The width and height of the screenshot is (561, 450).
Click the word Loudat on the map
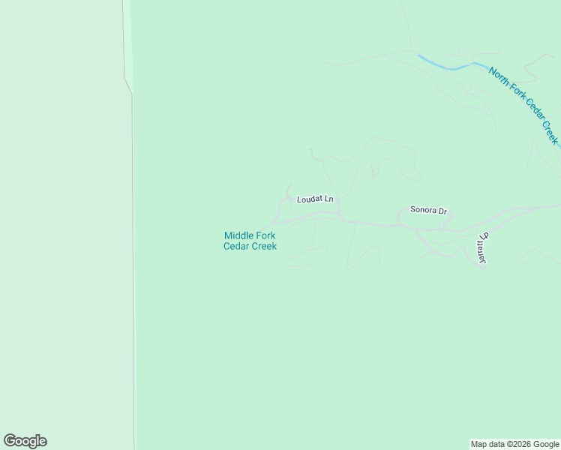point(309,199)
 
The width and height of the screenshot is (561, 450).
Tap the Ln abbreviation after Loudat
point(328,199)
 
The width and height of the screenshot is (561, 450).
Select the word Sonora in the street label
point(424,210)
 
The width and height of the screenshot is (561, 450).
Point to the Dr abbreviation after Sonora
point(442,211)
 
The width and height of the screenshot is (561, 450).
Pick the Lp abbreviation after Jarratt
point(485,236)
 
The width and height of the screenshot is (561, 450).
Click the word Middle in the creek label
point(238,235)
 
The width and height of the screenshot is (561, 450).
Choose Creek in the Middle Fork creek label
point(263,246)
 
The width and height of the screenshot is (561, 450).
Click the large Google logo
point(25,441)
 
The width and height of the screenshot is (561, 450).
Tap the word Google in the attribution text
point(545,444)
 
